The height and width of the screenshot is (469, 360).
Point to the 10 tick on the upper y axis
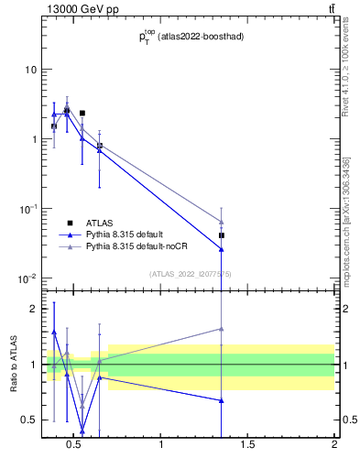click(x=30, y=70)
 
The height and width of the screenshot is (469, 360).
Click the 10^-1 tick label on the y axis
click(x=28, y=209)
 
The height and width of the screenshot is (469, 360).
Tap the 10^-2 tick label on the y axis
click(x=28, y=278)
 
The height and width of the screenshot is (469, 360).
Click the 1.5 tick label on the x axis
click(x=248, y=448)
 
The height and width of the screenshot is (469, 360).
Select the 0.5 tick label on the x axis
click(x=76, y=448)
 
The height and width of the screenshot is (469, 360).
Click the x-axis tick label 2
click(x=333, y=448)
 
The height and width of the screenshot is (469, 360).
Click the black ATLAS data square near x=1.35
click(x=222, y=235)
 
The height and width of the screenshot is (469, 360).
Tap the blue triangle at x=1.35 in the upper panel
click(x=222, y=249)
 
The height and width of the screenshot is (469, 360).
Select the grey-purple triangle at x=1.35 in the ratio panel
click(x=222, y=329)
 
